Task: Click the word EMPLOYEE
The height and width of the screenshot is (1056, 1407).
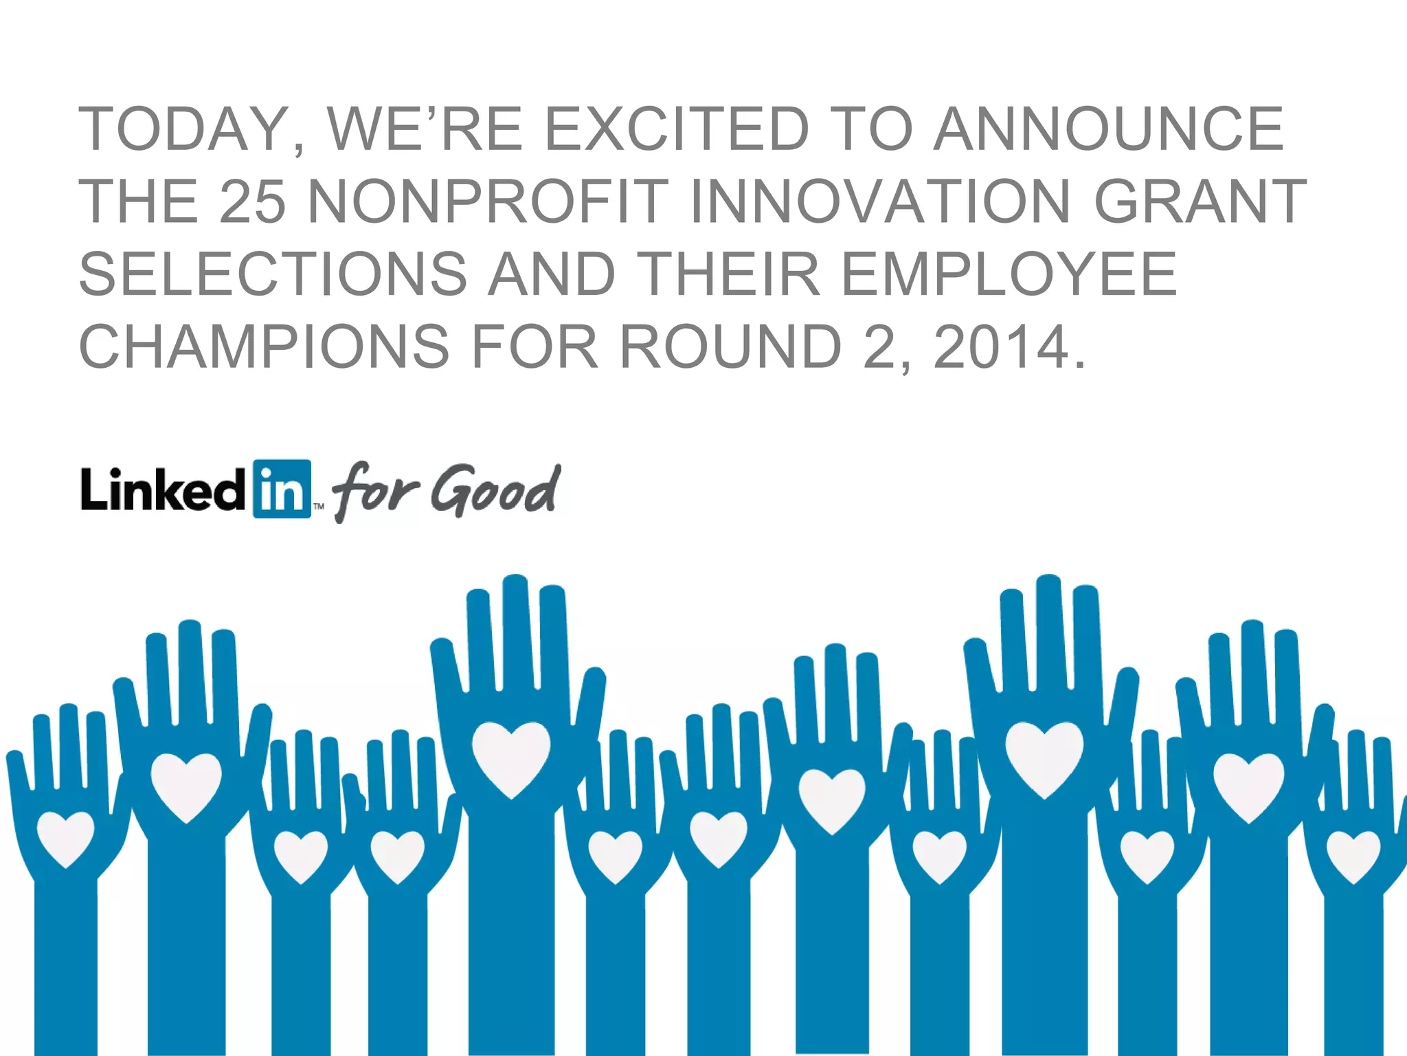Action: (1009, 274)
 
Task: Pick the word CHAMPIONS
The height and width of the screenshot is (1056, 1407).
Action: (264, 347)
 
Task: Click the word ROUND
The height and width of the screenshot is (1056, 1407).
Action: (731, 347)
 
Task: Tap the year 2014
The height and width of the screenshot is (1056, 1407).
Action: (1002, 347)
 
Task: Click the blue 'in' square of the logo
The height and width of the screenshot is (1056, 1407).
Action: (282, 489)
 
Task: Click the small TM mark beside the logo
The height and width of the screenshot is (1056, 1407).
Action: (319, 507)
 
